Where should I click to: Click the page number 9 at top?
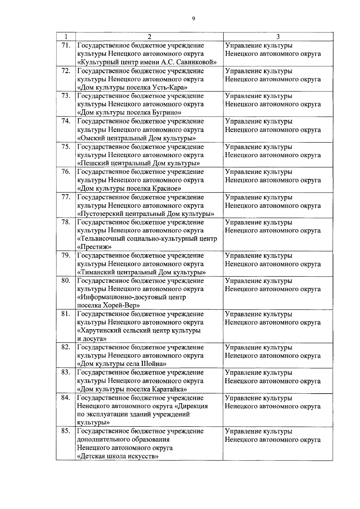point(193,19)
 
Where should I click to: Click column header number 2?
point(149,37)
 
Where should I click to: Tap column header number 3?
point(278,37)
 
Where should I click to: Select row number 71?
point(66,45)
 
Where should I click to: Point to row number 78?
point(66,222)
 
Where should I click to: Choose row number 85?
point(66,431)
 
